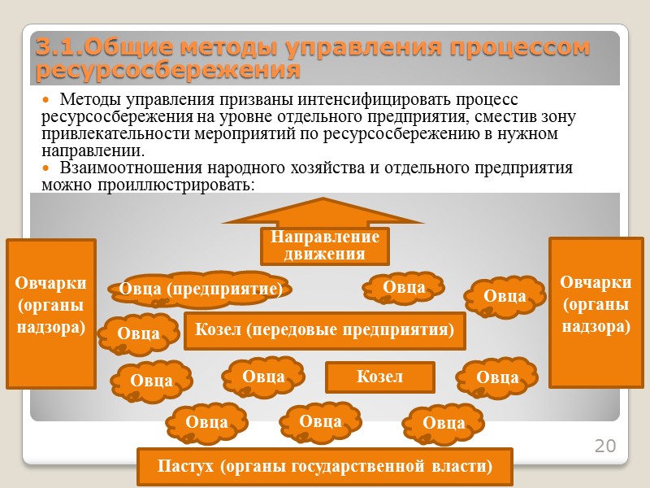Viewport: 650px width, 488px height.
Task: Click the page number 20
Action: click(605, 446)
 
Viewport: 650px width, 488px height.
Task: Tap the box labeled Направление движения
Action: click(325, 246)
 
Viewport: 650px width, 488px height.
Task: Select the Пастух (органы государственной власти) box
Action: click(325, 467)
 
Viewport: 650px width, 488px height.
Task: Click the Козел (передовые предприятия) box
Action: click(325, 330)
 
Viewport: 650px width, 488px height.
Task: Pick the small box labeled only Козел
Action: click(379, 377)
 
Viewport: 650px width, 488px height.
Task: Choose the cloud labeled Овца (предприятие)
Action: click(201, 290)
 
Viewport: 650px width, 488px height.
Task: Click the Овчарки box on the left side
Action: click(51, 313)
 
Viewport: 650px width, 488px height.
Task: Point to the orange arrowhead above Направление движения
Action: click(323, 211)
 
